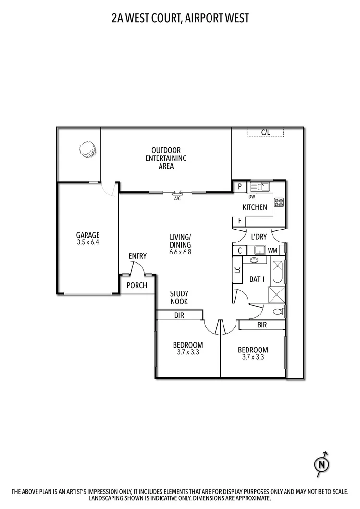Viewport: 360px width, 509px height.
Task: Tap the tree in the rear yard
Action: tap(87, 149)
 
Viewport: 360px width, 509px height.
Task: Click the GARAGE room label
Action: tap(88, 235)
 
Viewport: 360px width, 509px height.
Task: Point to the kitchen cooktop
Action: tap(279, 202)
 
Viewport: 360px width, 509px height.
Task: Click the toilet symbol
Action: tap(277, 312)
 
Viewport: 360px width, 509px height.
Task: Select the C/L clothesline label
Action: tap(265, 132)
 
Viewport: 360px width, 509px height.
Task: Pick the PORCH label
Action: tap(137, 285)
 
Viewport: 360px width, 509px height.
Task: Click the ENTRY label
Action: tap(137, 256)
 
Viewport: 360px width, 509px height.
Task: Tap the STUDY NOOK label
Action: tap(179, 298)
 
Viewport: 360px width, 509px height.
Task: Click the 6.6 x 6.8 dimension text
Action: tap(180, 252)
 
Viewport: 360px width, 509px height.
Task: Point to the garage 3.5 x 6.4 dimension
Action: tap(88, 242)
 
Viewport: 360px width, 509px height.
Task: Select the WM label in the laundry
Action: tap(273, 251)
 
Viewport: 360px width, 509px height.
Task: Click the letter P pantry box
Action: tap(239, 186)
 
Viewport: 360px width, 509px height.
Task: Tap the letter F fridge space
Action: tap(239, 221)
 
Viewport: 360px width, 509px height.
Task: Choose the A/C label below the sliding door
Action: tap(177, 198)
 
